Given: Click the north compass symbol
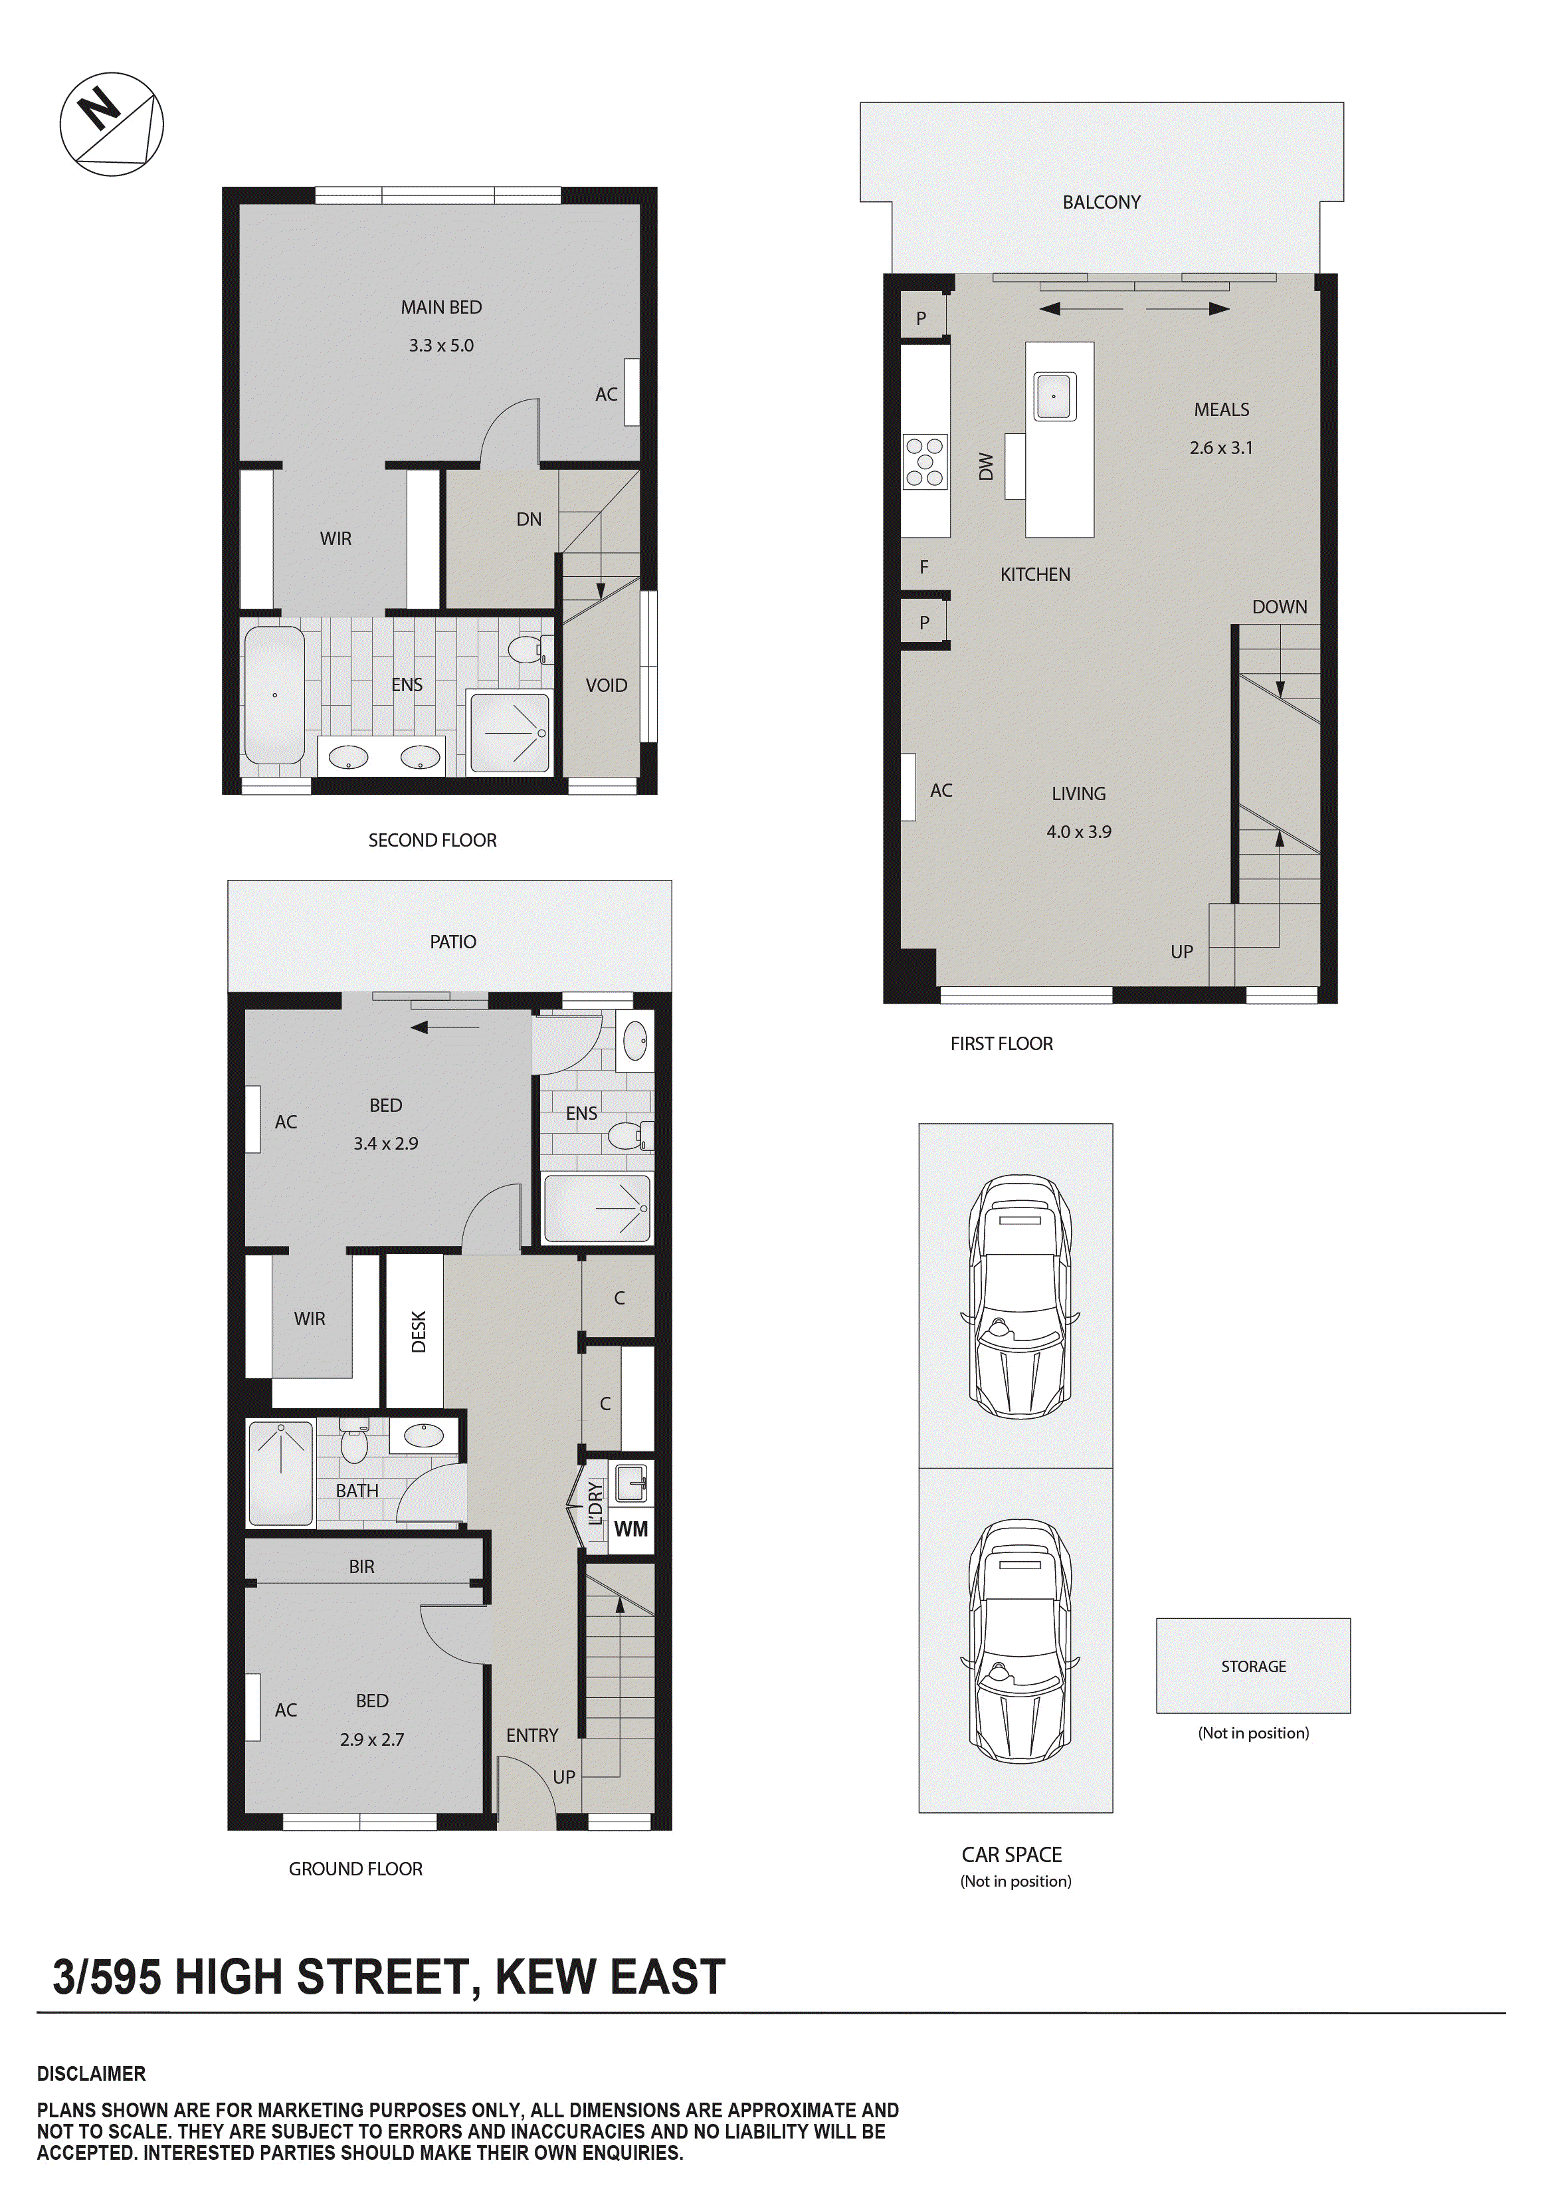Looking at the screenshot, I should pos(112,123).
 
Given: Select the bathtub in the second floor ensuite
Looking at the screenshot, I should pos(274,694).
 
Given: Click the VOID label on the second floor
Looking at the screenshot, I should pos(606,684).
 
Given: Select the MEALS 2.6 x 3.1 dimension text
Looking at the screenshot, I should pos(1220,447).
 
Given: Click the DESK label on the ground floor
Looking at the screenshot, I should pos(418,1332).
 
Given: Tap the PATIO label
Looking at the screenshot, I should pos(452,941).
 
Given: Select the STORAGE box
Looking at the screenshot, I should pos(1253,1666).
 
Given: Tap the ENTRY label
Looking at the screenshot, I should pos(532,1734).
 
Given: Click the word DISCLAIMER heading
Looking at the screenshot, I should pos(91,2073).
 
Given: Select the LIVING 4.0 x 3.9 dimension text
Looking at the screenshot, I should pos(1078,831).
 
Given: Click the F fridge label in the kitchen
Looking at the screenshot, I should pos(923,568).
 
